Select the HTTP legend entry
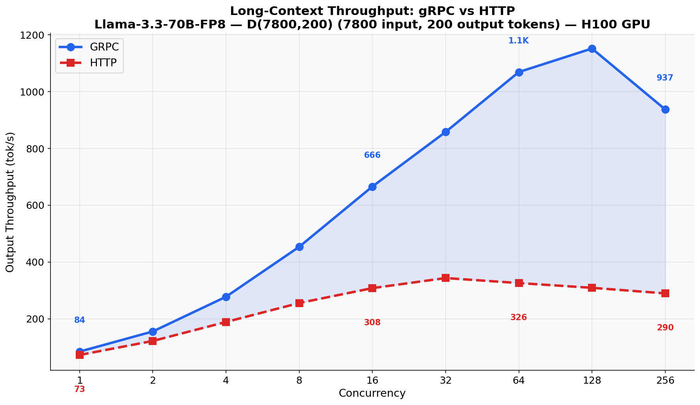[103, 63]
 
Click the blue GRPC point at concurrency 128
[592, 49]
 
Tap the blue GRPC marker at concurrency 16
[372, 187]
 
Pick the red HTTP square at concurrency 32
[446, 278]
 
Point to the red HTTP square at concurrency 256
[665, 293]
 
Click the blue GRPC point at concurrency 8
[299, 247]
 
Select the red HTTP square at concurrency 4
[226, 322]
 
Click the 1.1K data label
[518, 41]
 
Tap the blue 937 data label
[665, 78]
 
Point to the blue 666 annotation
[372, 155]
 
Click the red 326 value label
[519, 317]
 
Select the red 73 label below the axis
[80, 389]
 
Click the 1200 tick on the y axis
[32, 35]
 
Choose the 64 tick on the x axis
[519, 381]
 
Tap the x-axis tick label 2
[153, 381]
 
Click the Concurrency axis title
[372, 393]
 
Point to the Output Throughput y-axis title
[10, 202]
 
